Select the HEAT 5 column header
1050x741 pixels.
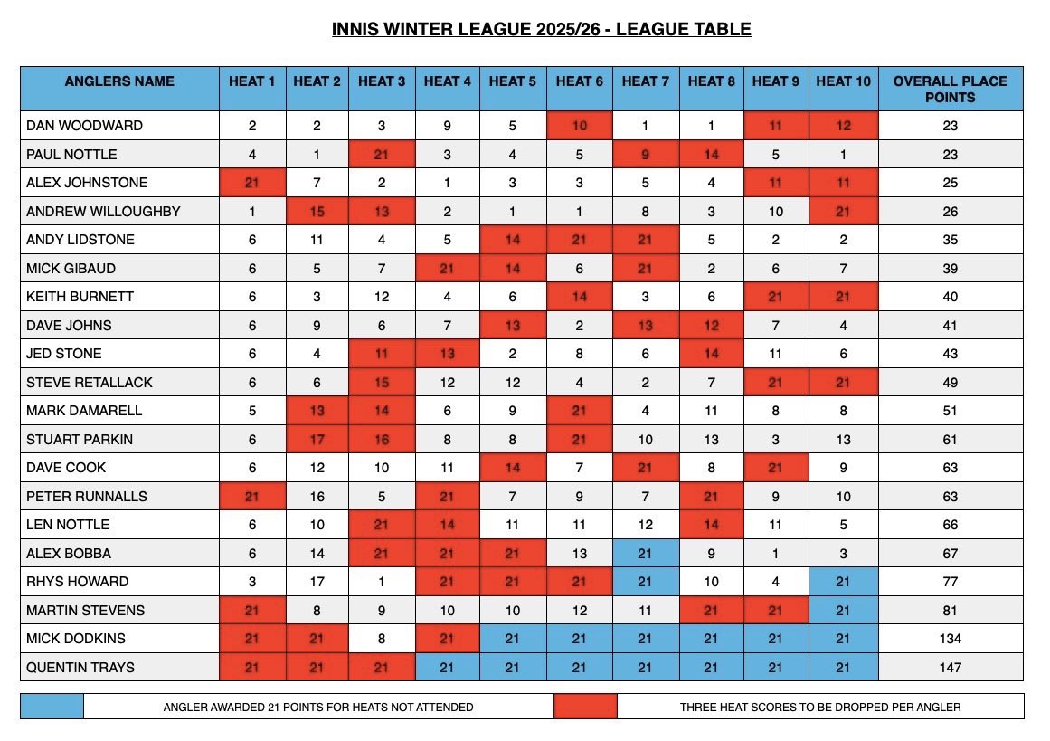click(x=512, y=81)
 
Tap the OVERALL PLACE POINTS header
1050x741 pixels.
click(x=950, y=89)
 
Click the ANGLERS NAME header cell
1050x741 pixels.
click(x=119, y=81)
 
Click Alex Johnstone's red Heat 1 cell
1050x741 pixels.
click(x=252, y=184)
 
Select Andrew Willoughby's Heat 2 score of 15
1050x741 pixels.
click(x=317, y=212)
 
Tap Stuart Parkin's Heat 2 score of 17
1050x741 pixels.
click(x=317, y=440)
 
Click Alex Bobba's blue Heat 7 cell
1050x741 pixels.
click(x=646, y=554)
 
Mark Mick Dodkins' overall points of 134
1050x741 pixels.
click(x=950, y=639)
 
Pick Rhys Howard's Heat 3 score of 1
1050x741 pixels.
click(x=382, y=582)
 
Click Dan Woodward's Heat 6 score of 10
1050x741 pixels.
click(x=580, y=126)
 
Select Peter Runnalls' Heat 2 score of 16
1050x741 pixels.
click(x=317, y=497)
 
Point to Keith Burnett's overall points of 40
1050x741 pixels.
click(x=950, y=297)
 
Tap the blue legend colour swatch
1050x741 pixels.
click(x=52, y=707)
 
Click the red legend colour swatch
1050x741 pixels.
click(x=585, y=707)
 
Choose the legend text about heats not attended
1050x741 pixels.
click(x=317, y=707)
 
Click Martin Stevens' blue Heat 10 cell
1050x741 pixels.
click(x=843, y=611)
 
